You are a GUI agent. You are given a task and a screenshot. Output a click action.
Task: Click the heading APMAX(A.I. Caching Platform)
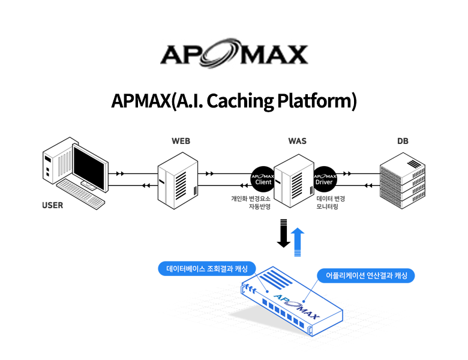(233, 101)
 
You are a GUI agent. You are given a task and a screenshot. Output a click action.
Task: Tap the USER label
(52, 205)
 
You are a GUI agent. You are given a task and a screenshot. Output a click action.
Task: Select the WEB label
(181, 141)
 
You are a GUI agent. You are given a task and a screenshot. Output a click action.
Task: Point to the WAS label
(297, 141)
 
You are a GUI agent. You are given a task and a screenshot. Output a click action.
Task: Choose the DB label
(403, 141)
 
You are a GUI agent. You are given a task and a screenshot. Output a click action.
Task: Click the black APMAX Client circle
(263, 178)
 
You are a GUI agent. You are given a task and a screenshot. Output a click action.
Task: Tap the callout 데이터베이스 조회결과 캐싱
(202, 268)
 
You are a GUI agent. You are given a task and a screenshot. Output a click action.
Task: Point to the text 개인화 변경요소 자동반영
(251, 202)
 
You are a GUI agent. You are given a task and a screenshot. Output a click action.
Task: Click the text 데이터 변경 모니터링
(331, 202)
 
